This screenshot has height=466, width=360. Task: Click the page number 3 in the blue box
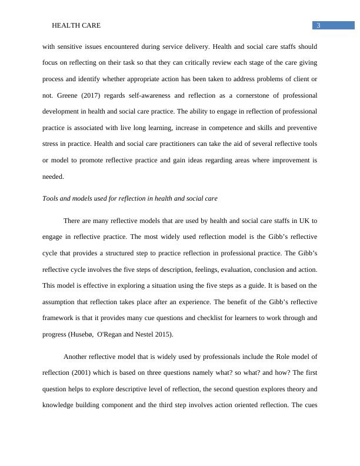pos(318,25)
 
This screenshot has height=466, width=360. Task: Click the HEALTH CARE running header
pos(76,26)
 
